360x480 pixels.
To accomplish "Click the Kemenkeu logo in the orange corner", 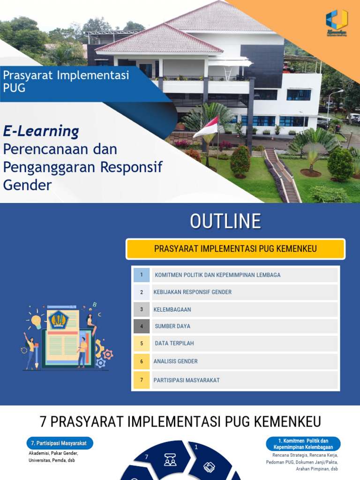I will coord(337,22).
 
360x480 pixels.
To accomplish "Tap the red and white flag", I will coord(206,127).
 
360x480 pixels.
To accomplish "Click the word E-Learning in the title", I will coord(41,131).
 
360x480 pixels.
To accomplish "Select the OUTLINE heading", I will coord(225,221).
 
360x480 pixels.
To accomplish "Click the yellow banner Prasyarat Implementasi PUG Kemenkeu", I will coord(235,248).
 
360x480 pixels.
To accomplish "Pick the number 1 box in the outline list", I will coord(142,275).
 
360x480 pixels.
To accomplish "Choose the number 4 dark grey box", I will coord(142,326).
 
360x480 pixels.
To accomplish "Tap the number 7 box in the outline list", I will coord(142,380).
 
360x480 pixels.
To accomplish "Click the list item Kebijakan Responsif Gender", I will coord(193,292).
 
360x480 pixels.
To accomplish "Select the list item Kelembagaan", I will coord(172,309).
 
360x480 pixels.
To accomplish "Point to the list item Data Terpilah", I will coord(174,344).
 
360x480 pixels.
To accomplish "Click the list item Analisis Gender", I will coord(175,361).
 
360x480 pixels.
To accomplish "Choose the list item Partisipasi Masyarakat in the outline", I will coord(187,380).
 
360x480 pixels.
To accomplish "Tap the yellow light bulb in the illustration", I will coord(36,322).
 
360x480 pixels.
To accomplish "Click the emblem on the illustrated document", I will coord(59,320).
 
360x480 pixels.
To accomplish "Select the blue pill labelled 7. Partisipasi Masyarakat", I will coord(59,443).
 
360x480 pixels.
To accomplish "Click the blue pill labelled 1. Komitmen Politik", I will coord(303,444).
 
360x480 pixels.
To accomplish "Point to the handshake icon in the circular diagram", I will coord(209,467).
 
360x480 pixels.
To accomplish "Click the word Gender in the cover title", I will coord(27,185).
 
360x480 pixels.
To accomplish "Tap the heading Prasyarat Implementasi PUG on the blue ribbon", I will coord(66,81).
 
